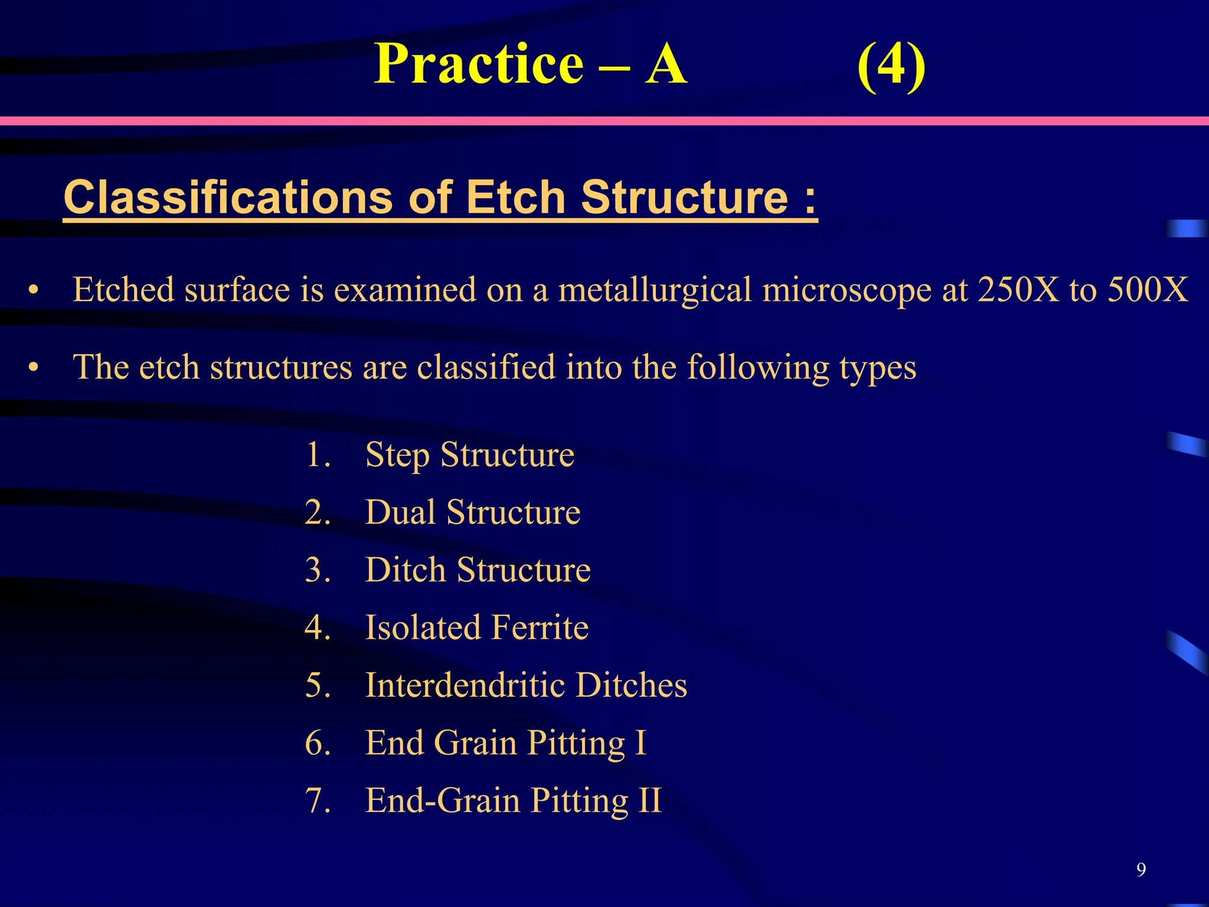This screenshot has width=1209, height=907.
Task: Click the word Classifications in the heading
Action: (228, 197)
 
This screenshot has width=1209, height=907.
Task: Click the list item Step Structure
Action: (469, 455)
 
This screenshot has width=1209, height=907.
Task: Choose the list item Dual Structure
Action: (472, 512)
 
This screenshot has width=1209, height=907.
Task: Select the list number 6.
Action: (316, 743)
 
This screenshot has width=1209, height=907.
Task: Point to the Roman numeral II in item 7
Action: (649, 801)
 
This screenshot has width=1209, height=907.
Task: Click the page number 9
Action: (1141, 870)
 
